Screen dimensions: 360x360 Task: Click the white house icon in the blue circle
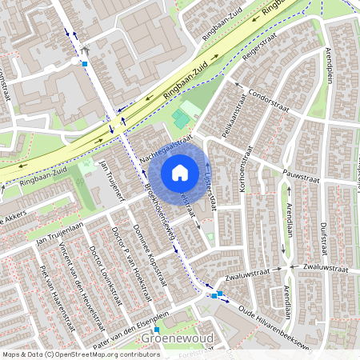click(180, 172)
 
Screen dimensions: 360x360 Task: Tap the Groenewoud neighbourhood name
click(177, 338)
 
